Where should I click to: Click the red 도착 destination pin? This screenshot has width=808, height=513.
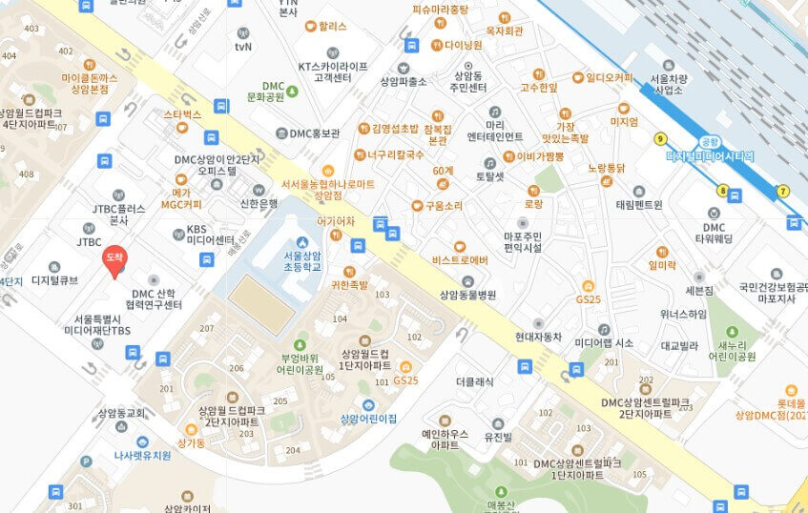[x=114, y=259]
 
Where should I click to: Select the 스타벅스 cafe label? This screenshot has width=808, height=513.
[x=182, y=114]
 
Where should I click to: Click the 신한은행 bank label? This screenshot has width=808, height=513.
[x=258, y=203]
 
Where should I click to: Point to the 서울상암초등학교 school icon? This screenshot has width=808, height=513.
[x=302, y=242]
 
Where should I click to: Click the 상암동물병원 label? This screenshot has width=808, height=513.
[x=467, y=296]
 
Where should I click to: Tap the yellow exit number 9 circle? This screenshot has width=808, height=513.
[x=659, y=139]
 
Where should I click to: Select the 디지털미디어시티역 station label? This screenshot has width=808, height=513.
[x=710, y=154]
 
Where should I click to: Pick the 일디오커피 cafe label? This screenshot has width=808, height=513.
[x=609, y=77]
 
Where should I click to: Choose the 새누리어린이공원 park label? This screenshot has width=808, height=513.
[x=735, y=351]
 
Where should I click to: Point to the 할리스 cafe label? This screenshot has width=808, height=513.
[x=332, y=27]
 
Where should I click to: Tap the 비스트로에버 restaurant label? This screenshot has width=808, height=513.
[x=460, y=259]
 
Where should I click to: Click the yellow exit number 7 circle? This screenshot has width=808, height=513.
[x=783, y=191]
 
